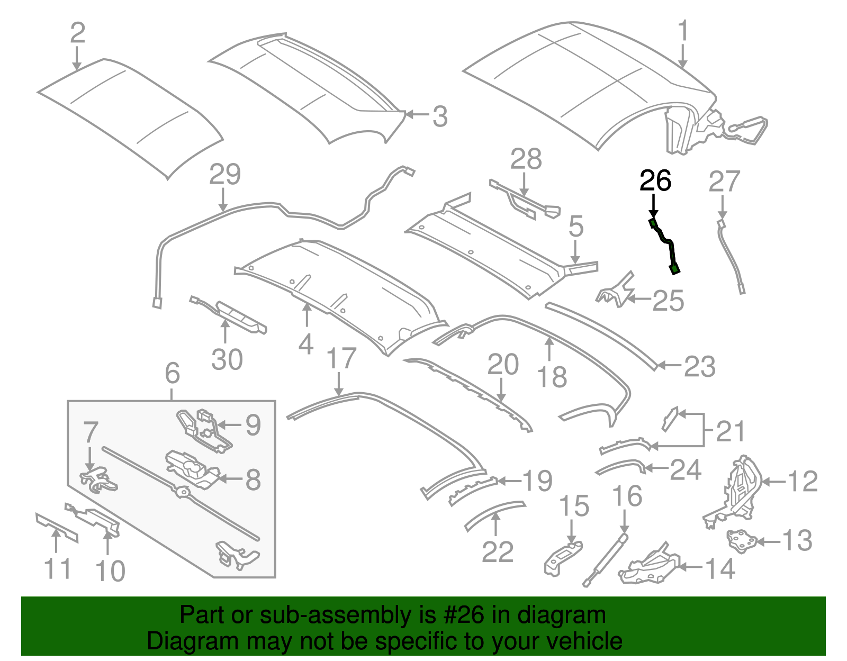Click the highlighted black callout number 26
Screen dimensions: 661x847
pyautogui.click(x=655, y=181)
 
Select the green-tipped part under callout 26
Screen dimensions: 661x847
pyautogui.click(x=665, y=245)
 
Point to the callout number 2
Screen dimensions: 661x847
pyautogui.click(x=77, y=33)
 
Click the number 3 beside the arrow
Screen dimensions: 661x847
pyautogui.click(x=439, y=116)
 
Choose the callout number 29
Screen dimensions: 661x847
pyautogui.click(x=225, y=174)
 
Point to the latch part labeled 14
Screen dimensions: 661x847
pyautogui.click(x=650, y=566)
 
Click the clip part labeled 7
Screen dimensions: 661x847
pyautogui.click(x=98, y=478)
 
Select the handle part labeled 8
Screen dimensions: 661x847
pyautogui.click(x=191, y=469)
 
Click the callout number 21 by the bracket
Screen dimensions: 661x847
pyautogui.click(x=730, y=431)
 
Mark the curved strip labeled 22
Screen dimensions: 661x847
pyautogui.click(x=494, y=513)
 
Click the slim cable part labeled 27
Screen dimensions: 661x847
pyautogui.click(x=731, y=254)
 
